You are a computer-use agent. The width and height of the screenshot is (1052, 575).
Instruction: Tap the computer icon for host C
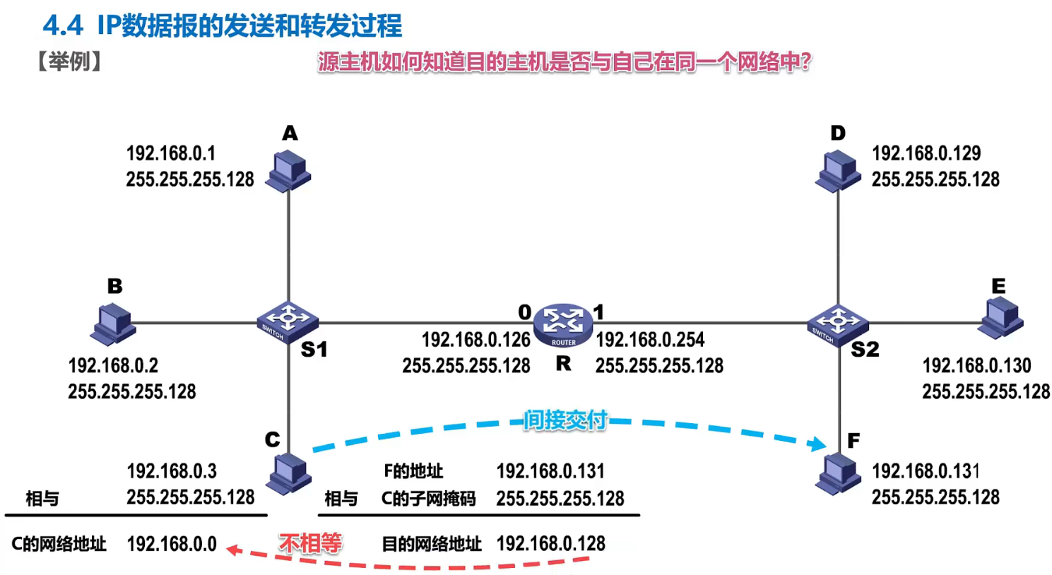click(289, 473)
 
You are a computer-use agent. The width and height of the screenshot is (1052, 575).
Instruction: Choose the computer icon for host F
click(839, 474)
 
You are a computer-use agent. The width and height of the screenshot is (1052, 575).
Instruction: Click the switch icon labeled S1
click(287, 321)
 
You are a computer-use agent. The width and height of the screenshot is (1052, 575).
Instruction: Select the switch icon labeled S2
click(837, 323)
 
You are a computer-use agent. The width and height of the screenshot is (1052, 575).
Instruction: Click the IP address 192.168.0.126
click(475, 340)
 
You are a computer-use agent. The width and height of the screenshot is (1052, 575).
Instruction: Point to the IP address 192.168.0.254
click(650, 340)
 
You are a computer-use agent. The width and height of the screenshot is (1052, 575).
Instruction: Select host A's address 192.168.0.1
click(171, 153)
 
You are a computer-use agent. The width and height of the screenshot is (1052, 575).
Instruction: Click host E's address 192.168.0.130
click(976, 365)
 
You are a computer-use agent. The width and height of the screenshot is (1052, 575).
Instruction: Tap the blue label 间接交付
click(565, 420)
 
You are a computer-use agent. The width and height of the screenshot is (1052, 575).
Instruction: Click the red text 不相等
click(310, 543)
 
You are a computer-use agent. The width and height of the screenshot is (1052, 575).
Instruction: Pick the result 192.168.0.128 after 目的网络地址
click(550, 543)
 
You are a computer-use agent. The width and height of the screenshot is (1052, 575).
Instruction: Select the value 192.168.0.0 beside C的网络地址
click(172, 544)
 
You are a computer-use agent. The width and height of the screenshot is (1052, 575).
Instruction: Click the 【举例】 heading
click(69, 61)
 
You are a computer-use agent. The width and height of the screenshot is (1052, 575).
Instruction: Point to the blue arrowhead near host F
click(818, 444)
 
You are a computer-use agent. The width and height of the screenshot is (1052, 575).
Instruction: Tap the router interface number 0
click(524, 312)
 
